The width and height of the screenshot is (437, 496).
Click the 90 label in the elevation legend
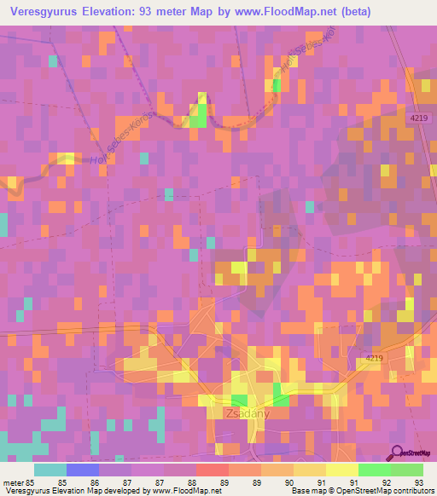point(290,482)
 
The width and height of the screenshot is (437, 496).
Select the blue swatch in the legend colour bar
point(83,470)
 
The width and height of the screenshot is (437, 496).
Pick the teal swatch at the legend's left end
point(50,470)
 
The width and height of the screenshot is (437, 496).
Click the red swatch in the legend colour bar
point(213,470)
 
